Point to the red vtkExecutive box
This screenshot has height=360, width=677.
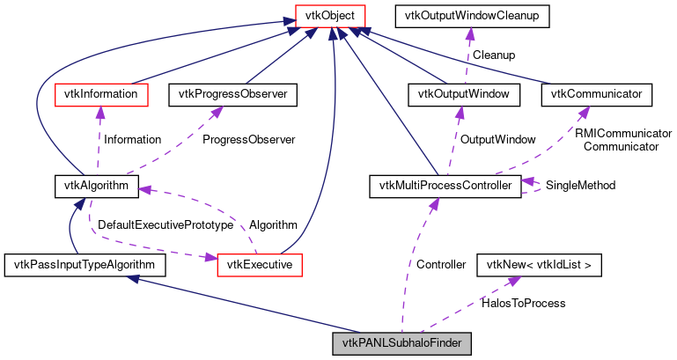260,264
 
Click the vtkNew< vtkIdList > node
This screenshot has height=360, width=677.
539,264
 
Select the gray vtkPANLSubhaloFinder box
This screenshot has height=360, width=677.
402,342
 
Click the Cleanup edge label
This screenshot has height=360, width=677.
494,55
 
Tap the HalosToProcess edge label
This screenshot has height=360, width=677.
523,303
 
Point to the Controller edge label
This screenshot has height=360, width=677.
441,264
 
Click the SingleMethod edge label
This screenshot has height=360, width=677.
580,186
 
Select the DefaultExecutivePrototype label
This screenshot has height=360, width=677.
166,225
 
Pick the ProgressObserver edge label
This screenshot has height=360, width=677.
248,139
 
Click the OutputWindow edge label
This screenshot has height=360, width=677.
497,139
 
